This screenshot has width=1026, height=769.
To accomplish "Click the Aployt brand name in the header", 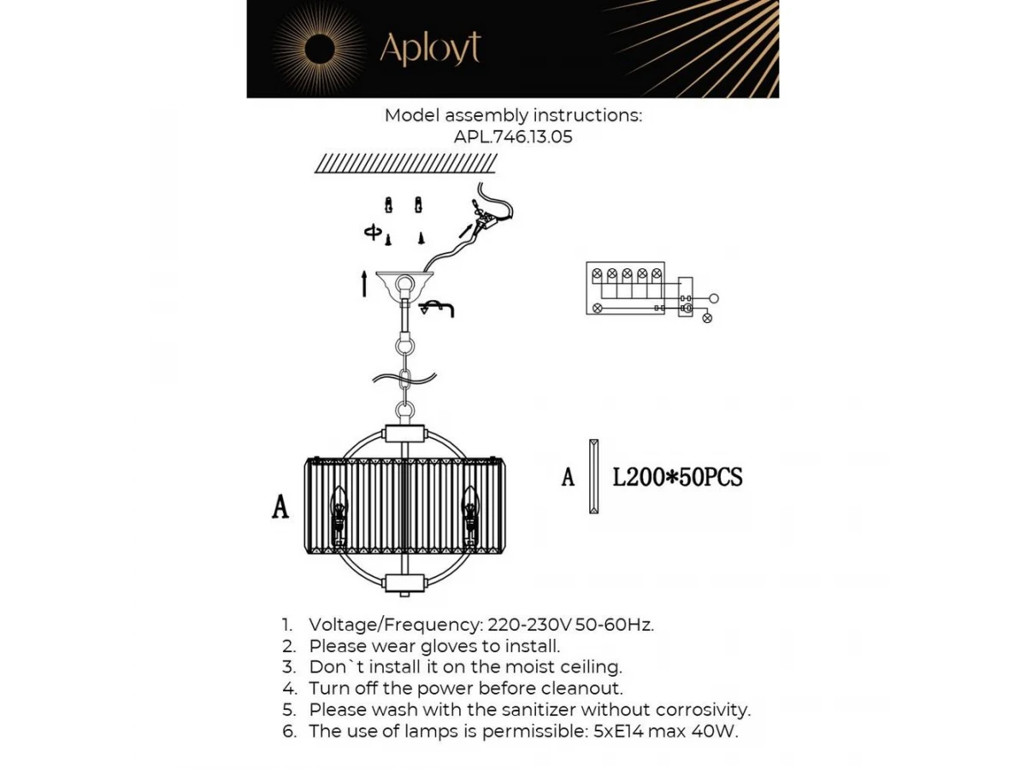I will pyautogui.click(x=430, y=49).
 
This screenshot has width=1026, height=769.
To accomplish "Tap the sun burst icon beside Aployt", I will pyautogui.click(x=318, y=49).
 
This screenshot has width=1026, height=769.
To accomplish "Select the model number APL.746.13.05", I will pyautogui.click(x=513, y=137).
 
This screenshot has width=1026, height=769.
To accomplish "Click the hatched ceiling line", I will pyautogui.click(x=406, y=163).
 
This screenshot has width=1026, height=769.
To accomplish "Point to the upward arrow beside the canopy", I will pyautogui.click(x=364, y=284).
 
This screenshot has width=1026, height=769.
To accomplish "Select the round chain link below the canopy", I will pyautogui.click(x=404, y=349).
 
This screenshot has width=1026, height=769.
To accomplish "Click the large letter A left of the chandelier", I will pyautogui.click(x=280, y=506).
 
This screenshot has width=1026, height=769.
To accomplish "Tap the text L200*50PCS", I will pyautogui.click(x=677, y=478).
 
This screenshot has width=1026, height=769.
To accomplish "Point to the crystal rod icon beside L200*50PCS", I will pyautogui.click(x=593, y=476).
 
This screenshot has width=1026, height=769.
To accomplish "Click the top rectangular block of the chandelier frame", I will pyautogui.click(x=404, y=433).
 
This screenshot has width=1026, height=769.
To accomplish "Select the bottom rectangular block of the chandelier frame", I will pyautogui.click(x=404, y=584).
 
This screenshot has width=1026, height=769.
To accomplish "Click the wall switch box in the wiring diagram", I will pyautogui.click(x=686, y=297).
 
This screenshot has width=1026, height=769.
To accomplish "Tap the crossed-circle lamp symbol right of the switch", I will pyautogui.click(x=707, y=318).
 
